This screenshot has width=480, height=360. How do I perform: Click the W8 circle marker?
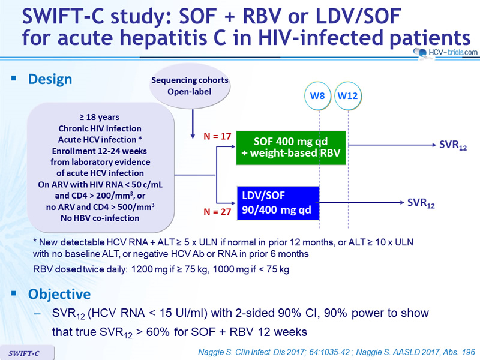point(317,96)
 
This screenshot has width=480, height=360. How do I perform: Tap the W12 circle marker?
point(348,96)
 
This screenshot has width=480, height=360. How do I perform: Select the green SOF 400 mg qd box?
point(291,148)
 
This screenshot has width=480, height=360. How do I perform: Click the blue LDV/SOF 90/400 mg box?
point(278,203)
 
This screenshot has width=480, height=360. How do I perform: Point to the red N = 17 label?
point(217,136)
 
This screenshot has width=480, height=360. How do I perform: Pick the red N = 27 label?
point(217,212)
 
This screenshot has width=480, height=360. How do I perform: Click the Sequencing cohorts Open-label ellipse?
point(190,86)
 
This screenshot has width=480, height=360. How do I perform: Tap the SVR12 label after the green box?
point(453,145)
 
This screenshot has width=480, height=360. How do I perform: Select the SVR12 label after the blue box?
point(421,203)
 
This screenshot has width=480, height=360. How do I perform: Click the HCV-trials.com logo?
point(445,52)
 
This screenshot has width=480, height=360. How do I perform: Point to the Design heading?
point(50,79)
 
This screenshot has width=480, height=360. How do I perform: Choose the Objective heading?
point(59,294)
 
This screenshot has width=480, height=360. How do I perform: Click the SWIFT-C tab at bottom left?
point(27,353)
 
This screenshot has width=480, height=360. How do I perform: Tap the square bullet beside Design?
point(13,79)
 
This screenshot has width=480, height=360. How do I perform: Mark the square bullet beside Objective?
point(13,293)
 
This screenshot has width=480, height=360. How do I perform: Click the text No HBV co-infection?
point(100,218)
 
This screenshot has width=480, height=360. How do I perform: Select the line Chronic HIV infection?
point(100,128)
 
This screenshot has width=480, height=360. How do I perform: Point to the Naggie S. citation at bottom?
point(337,352)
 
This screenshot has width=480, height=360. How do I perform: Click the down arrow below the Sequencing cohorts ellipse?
point(193,124)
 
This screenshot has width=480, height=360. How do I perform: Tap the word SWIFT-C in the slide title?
point(64,16)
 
